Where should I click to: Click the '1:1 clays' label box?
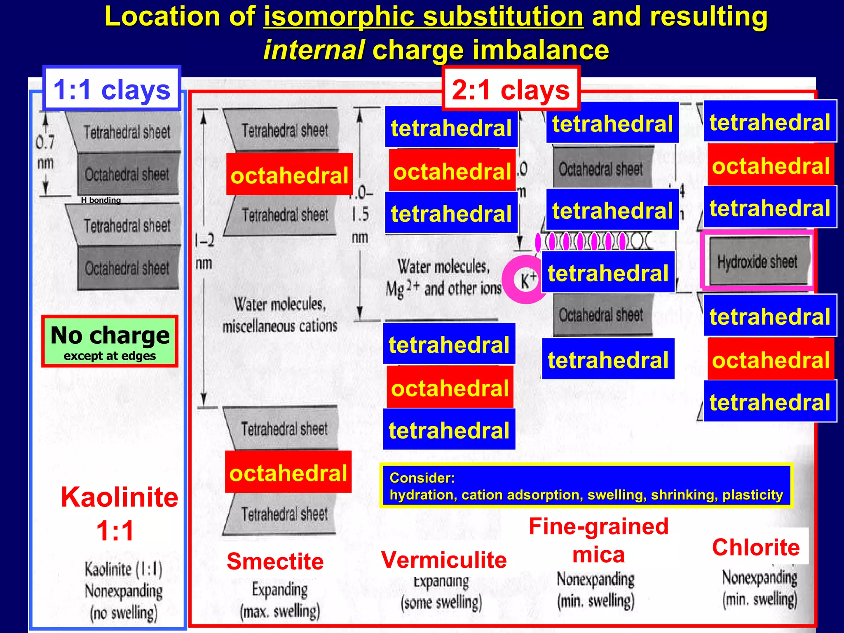coord(112,89)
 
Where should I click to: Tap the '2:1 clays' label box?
coord(511,89)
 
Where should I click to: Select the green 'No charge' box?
coord(110,341)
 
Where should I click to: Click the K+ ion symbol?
coord(528,280)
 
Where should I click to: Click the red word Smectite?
coord(275,561)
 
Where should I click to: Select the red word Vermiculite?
coord(444,560)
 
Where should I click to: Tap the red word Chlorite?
coord(756,547)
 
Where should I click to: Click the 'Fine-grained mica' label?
coord(598,540)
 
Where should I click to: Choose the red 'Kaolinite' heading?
coord(120,497)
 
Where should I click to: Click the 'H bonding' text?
coord(101,200)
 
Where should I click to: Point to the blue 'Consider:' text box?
coord(586,486)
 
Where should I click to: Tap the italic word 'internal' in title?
coord(314,50)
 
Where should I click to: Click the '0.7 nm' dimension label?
coord(45,152)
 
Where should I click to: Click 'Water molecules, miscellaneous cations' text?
coord(280,315)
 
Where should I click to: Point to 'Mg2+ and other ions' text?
coord(443,288)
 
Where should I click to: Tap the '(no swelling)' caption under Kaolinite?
coord(124,613)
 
